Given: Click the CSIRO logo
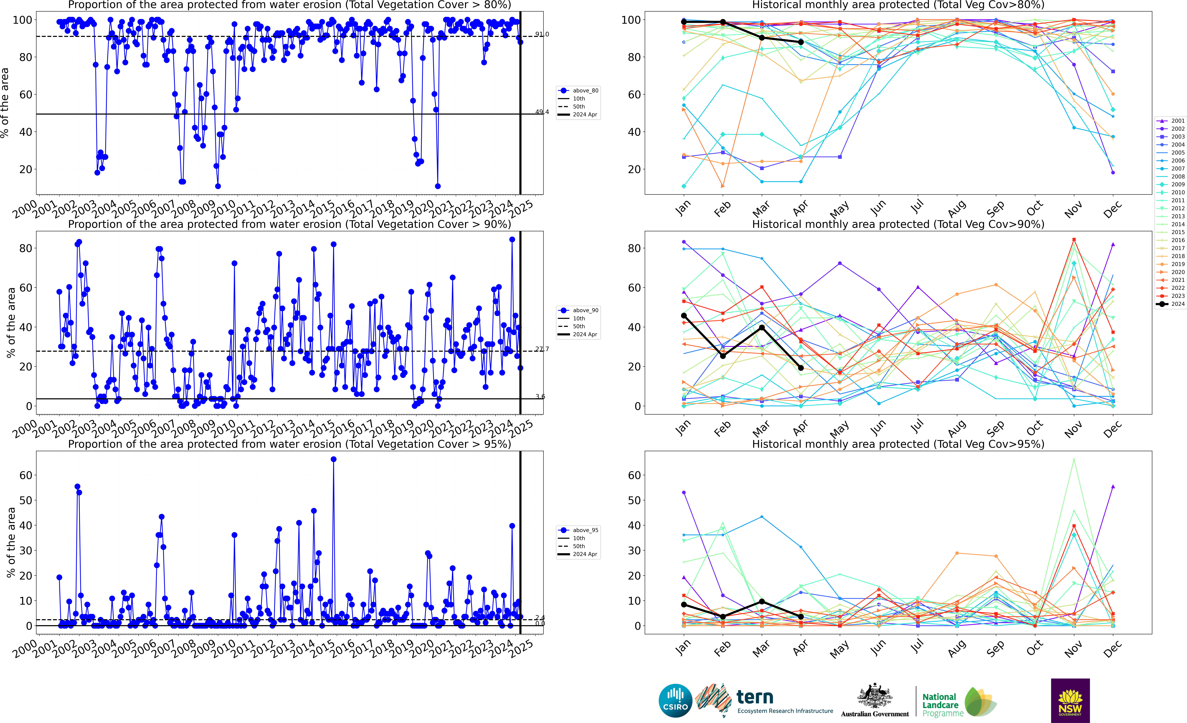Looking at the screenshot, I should tap(675, 700).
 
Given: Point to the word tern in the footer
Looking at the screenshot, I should tap(755, 697).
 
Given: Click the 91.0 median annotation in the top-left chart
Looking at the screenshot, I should tap(542, 34).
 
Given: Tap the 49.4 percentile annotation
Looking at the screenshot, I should tap(542, 112).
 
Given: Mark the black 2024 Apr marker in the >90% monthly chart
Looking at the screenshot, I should tap(801, 368).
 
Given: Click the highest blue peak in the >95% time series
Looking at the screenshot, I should tap(333, 459).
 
